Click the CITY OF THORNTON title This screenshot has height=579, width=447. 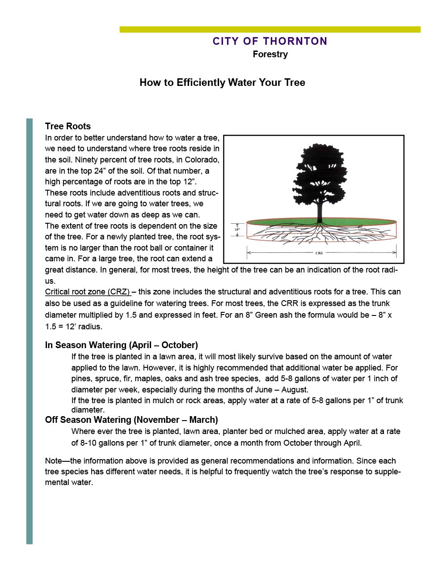point(270,41)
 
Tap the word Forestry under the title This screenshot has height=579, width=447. point(270,54)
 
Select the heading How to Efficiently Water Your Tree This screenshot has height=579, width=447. point(222,82)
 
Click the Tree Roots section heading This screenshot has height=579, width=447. point(68,126)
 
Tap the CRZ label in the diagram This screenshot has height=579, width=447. point(319,253)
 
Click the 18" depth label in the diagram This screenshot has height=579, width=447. point(237,230)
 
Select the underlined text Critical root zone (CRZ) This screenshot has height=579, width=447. point(88,292)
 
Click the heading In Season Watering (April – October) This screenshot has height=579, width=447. point(122,345)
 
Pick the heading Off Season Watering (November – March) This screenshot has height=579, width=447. point(131,420)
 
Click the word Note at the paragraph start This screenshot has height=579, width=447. point(53,461)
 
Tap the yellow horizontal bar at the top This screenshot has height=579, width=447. point(270,30)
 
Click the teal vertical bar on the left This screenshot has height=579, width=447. point(30,331)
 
